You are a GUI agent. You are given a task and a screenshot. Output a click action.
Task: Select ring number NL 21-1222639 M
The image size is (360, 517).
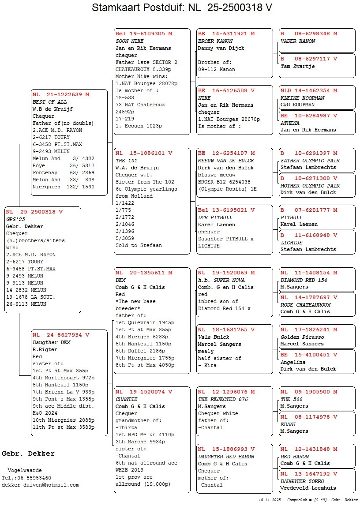[60, 94]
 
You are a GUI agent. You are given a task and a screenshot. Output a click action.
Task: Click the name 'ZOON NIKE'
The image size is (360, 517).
[128, 41]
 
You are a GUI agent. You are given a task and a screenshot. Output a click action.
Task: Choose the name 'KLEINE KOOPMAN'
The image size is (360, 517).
[302, 98]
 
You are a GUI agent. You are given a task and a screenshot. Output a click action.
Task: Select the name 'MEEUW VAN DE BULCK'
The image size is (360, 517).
[226, 161]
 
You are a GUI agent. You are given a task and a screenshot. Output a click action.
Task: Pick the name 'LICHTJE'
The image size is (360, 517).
[292, 243]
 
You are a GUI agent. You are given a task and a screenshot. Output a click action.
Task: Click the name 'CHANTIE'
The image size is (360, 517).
[127, 399]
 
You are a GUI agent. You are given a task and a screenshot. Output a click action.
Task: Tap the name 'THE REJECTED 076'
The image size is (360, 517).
[223, 399]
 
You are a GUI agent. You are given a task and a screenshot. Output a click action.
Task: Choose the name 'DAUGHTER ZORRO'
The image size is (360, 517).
[302, 481]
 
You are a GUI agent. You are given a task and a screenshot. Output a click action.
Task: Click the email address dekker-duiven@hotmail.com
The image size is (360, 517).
[41, 485]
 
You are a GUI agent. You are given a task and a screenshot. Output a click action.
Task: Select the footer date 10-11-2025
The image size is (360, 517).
[270, 500]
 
